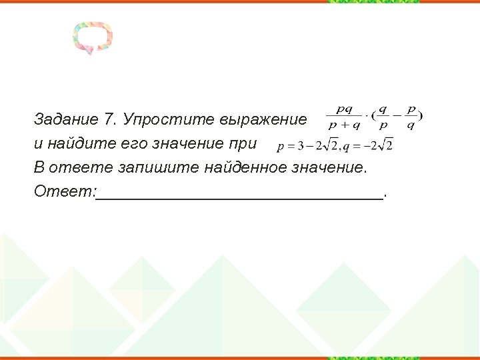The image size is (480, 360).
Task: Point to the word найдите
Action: [73, 143]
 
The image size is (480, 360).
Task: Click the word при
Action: [244, 143]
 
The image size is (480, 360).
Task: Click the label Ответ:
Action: [65, 192]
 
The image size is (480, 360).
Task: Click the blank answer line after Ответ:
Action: [240, 195]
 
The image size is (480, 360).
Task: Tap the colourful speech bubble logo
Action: [93, 37]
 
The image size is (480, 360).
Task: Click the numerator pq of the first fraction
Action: [344, 109]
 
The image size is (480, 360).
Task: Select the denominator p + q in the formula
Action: [344, 125]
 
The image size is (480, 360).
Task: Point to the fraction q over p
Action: [383, 117]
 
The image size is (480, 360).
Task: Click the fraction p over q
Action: [411, 117]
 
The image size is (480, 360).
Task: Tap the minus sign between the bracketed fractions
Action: [397, 117]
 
